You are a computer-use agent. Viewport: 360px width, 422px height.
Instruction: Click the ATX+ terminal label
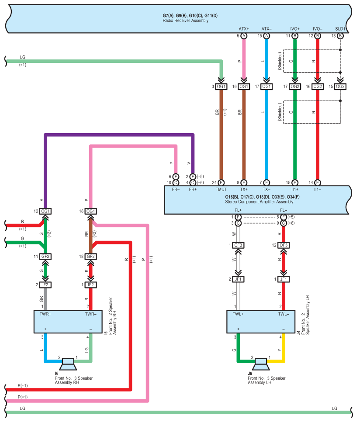244,29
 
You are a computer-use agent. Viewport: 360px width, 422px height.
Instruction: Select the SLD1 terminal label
340,29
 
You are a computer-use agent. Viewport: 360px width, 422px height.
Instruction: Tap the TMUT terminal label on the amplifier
221,189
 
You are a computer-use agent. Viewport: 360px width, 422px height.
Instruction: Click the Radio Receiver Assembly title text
185,21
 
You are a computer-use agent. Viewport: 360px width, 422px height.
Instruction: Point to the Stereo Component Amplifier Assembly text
259,202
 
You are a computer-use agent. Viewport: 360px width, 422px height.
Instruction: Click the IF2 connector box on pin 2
45,285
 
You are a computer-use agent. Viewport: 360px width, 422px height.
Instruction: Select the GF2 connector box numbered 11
45,257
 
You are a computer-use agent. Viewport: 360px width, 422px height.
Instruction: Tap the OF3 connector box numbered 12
284,245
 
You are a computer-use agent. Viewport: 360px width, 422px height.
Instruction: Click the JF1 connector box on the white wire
238,279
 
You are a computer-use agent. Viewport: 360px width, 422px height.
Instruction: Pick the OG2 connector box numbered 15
340,86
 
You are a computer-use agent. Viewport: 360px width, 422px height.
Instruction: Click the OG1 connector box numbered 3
221,86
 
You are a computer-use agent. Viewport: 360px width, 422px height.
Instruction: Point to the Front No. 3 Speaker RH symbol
68,364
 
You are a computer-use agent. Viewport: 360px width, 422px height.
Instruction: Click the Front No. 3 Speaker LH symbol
260,364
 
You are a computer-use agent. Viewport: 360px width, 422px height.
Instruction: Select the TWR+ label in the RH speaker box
45,314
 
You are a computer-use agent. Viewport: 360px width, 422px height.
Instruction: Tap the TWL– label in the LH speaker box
284,314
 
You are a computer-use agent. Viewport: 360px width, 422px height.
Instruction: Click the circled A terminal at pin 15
267,36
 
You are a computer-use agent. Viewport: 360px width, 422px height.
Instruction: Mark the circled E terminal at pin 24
221,182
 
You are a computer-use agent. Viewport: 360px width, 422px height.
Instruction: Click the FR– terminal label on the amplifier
176,189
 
